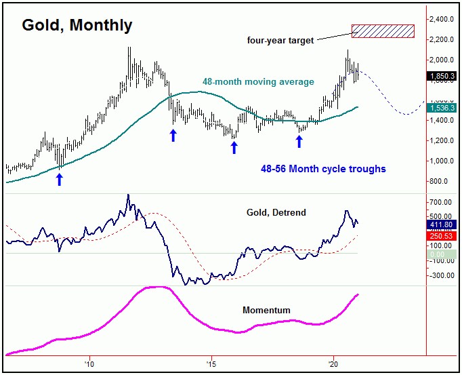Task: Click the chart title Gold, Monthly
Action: [x=77, y=25]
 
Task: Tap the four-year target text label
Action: [x=280, y=41]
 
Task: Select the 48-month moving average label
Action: [x=258, y=82]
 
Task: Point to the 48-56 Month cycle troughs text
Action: [x=323, y=169]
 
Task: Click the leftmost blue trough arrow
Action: [x=59, y=179]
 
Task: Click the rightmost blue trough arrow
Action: [x=299, y=141]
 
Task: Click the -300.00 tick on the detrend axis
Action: [x=442, y=275]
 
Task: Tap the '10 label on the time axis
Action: [x=88, y=363]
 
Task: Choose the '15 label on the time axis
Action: [x=211, y=363]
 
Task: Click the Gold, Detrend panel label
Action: [x=276, y=213]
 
